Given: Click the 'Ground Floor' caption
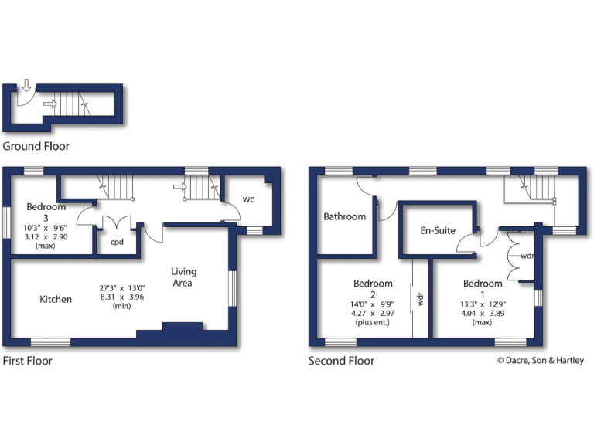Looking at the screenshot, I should click(x=36, y=146).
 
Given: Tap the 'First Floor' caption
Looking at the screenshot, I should click(x=27, y=361).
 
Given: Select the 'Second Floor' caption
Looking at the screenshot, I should click(x=341, y=361).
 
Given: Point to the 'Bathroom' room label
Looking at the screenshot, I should click(x=344, y=216).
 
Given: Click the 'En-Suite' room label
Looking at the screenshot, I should click(x=438, y=230).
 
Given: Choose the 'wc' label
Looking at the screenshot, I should click(x=249, y=199).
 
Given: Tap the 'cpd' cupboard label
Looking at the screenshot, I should click(x=117, y=242).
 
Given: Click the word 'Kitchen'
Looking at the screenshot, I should click(x=56, y=299).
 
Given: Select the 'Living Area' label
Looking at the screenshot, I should click(x=184, y=277).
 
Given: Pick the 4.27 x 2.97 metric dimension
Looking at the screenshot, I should click(x=373, y=314).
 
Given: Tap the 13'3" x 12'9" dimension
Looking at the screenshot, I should click(x=482, y=304).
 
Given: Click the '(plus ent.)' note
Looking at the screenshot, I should click(x=373, y=323).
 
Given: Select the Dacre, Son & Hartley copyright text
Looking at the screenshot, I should click(x=540, y=360).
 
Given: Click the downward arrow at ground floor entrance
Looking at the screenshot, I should click(x=25, y=85).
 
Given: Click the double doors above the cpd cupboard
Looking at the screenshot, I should click(x=117, y=223).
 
